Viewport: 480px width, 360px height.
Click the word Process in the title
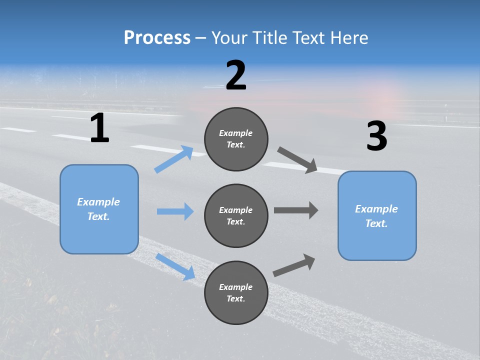(x=157, y=37)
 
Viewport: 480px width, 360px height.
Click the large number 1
(x=99, y=128)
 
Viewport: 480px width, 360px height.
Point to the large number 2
(x=236, y=75)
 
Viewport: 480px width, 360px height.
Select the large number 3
(x=376, y=136)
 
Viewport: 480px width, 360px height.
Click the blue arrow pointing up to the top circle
(x=174, y=159)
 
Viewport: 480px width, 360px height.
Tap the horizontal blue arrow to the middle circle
(x=175, y=211)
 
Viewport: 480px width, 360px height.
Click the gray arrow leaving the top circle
(x=297, y=160)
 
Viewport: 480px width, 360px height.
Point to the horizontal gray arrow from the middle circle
(x=296, y=210)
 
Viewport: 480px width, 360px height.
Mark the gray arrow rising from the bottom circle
(x=294, y=265)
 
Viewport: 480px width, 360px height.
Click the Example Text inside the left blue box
(x=98, y=209)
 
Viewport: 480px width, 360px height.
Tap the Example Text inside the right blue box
(x=376, y=216)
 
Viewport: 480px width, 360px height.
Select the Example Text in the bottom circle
(x=235, y=292)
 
